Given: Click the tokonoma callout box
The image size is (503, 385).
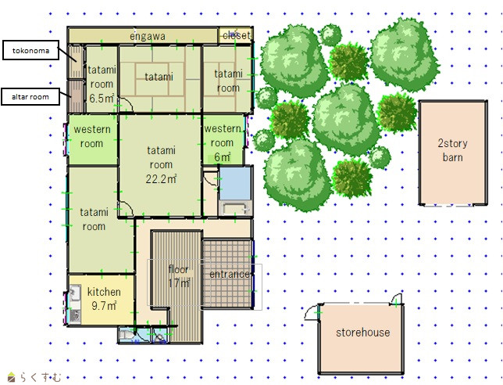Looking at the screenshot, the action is pyautogui.click(x=30, y=50).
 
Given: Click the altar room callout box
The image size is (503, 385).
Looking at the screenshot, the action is pyautogui.click(x=30, y=97).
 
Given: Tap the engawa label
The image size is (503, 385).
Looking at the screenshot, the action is pyautogui.click(x=148, y=36).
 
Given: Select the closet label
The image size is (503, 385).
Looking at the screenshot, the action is pyautogui.click(x=237, y=35).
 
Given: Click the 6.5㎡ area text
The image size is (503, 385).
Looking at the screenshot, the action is pyautogui.click(x=102, y=99).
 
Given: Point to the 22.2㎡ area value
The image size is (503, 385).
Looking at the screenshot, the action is pyautogui.click(x=161, y=179).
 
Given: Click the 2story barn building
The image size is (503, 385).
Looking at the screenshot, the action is pyautogui.click(x=453, y=153).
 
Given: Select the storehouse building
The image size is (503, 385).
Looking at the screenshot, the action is pyautogui.click(x=361, y=338).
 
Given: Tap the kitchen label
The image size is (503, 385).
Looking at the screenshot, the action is pyautogui.click(x=104, y=292).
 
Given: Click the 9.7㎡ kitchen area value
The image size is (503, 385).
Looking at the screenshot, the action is pyautogui.click(x=104, y=306).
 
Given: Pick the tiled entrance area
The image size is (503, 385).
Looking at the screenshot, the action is pyautogui.click(x=227, y=273).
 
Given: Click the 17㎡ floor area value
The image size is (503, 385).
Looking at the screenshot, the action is pyautogui.click(x=179, y=282).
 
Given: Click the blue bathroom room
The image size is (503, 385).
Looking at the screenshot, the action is pyautogui.click(x=235, y=183).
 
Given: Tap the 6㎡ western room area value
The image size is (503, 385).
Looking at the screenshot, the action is pyautogui.click(x=223, y=157).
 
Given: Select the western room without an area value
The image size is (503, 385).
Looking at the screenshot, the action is pyautogui.click(x=92, y=139).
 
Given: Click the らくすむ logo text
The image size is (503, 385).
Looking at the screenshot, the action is pyautogui.click(x=41, y=377).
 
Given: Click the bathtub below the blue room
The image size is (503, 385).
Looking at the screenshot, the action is pyautogui.click(x=235, y=209).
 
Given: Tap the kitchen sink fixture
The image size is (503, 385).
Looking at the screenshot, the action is pyautogui.click(x=75, y=293).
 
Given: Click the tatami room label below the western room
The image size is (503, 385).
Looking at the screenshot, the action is pyautogui.click(x=94, y=219).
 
